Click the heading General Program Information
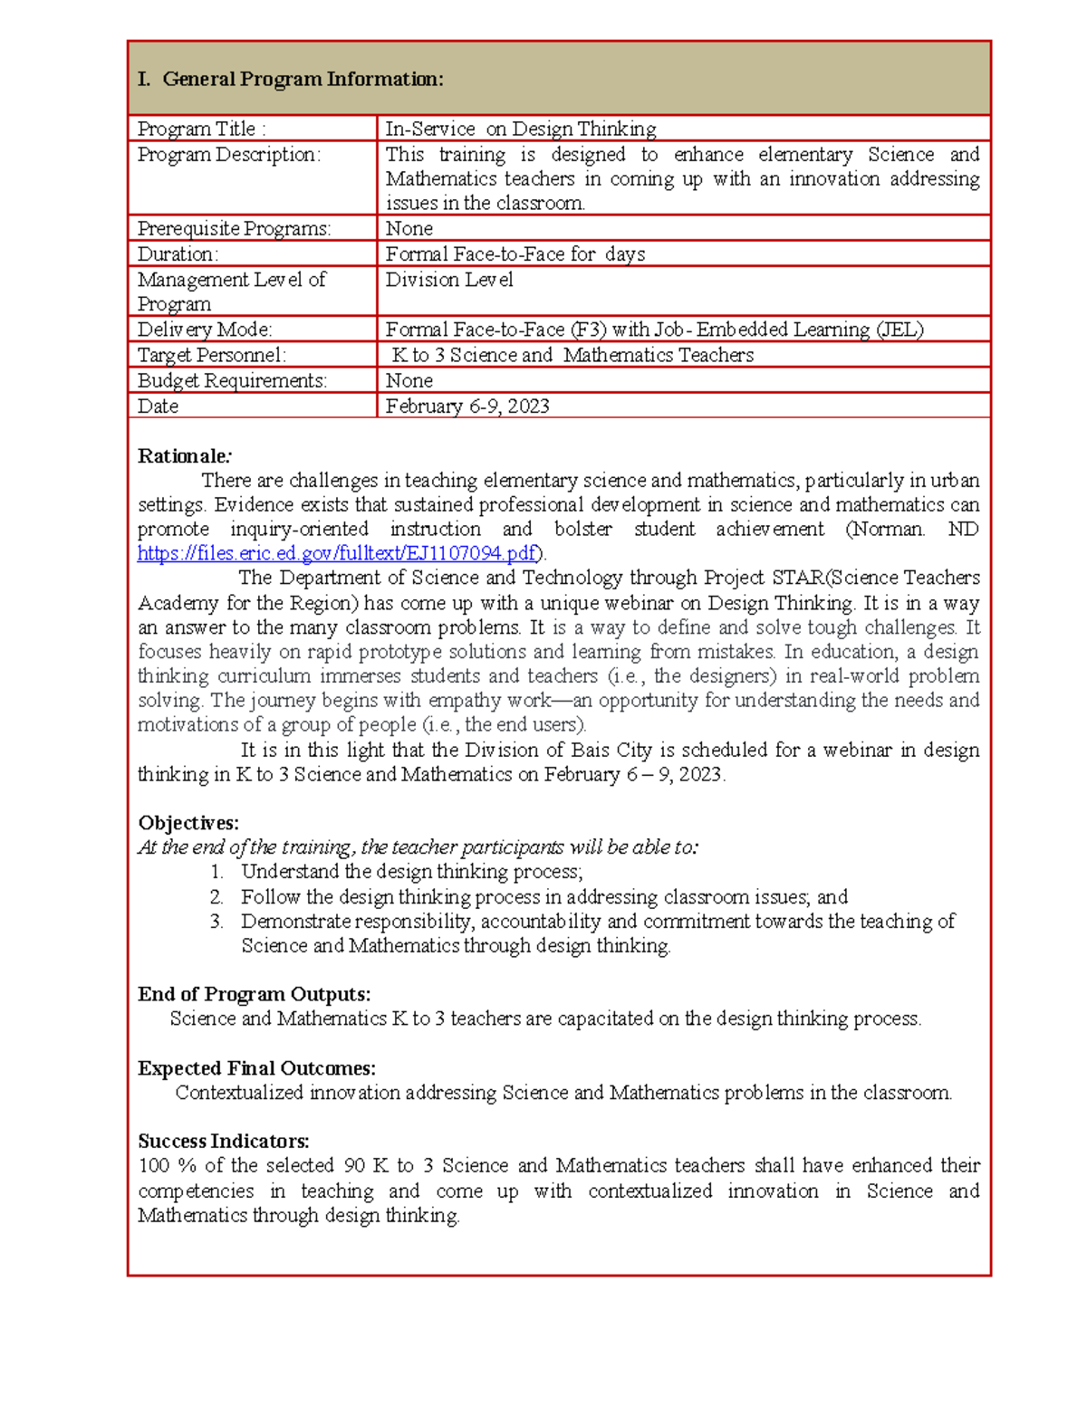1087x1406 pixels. pyautogui.click(x=291, y=80)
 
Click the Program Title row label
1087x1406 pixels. pyautogui.click(x=201, y=129)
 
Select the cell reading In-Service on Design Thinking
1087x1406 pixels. pyautogui.click(x=521, y=129)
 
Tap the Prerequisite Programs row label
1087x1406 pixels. pyautogui.click(x=234, y=228)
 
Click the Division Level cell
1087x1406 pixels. pyautogui.click(x=449, y=280)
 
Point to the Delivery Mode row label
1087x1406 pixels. pyautogui.click(x=205, y=330)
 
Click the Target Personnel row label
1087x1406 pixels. pyautogui.click(x=211, y=355)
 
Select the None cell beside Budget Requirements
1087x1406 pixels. pyautogui.click(x=409, y=380)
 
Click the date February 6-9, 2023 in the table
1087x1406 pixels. pyautogui.click(x=467, y=406)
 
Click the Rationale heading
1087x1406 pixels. pyautogui.click(x=184, y=455)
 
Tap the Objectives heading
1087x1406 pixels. pyautogui.click(x=188, y=823)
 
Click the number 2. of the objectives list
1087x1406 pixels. pyautogui.click(x=216, y=897)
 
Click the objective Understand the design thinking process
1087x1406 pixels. pyautogui.click(x=411, y=872)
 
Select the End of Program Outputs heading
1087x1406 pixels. pyautogui.click(x=254, y=994)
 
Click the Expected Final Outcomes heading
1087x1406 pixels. pyautogui.click(x=256, y=1068)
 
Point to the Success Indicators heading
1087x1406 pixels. pyautogui.click(x=224, y=1141)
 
